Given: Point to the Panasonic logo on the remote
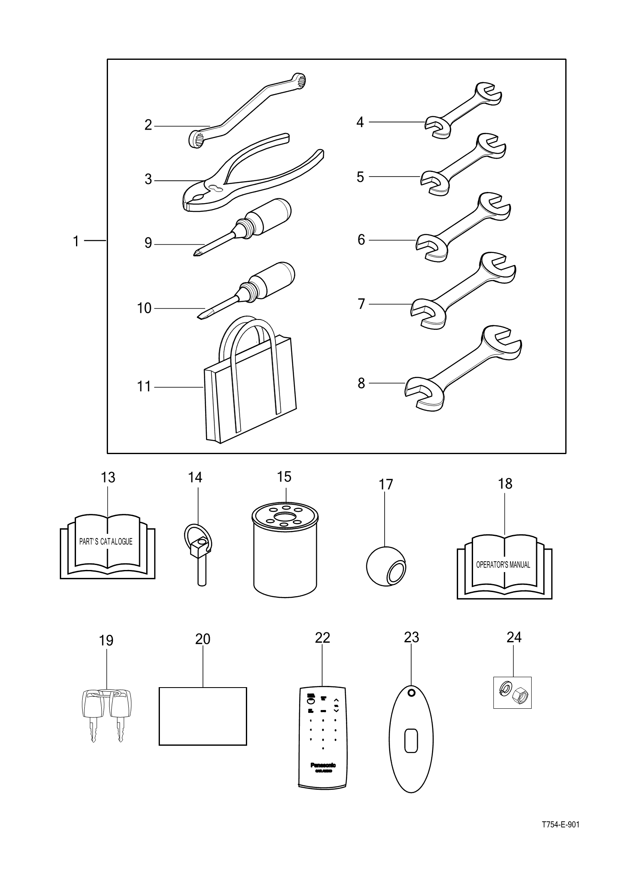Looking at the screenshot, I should [323, 765].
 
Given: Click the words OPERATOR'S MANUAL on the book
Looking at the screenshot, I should [503, 565].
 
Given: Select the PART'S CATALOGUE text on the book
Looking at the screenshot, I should [106, 542].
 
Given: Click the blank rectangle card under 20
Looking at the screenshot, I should [203, 716].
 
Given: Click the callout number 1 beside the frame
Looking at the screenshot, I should [76, 241].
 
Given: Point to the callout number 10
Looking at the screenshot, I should [144, 308].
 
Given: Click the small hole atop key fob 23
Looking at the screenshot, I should [411, 693].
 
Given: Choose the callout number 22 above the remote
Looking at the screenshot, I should [322, 638].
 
